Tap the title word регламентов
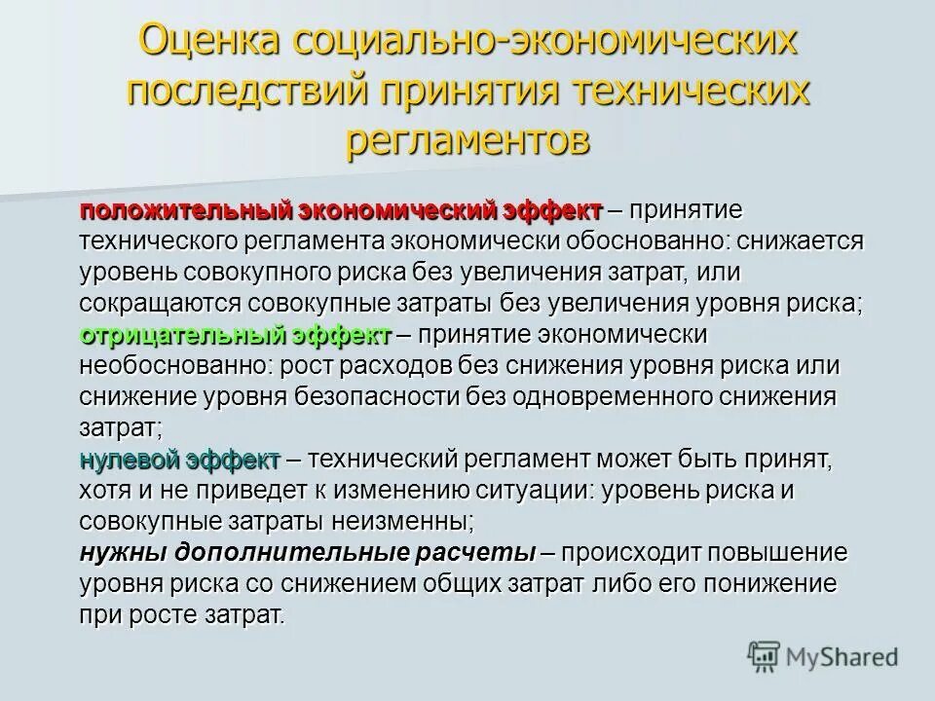467,139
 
